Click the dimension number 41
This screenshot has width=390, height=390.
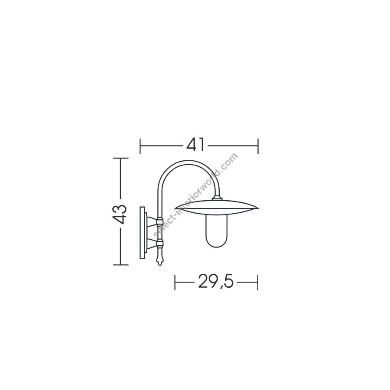[196, 145]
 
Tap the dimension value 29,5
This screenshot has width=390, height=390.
[216, 282]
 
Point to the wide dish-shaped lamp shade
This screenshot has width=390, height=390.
[217, 208]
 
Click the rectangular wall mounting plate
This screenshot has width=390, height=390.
[142, 233]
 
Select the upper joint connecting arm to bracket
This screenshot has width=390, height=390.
[159, 220]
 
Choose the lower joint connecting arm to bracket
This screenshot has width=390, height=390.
[159, 243]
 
